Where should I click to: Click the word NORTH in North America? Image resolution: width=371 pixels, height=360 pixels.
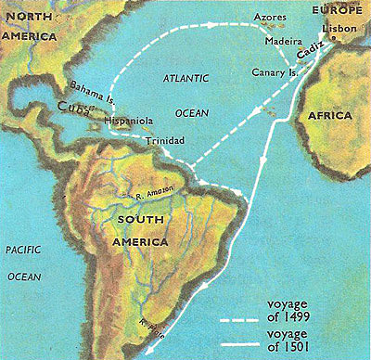pyautogui.click(x=31, y=11)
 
